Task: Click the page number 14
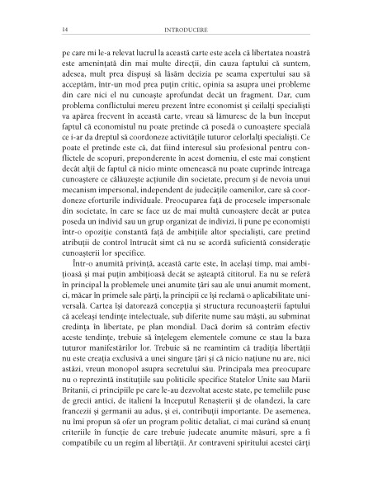point(53,31)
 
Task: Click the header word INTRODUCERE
point(186,31)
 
